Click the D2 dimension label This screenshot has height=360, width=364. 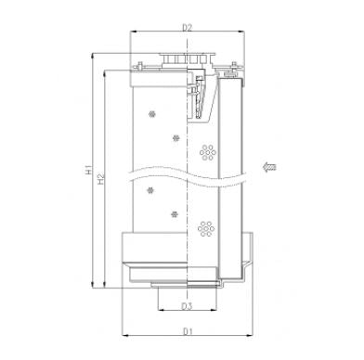(188, 28)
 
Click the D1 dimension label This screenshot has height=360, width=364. (188, 330)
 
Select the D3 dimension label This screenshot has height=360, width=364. (188, 304)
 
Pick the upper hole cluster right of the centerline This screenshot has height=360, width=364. (206, 151)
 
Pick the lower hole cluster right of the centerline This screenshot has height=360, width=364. (206, 225)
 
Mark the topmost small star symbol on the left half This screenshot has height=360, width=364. (152, 113)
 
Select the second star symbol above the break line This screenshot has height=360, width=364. (174, 137)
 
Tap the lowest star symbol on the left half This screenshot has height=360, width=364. (174, 213)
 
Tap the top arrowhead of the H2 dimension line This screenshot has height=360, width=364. (108, 71)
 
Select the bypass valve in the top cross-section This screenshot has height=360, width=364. (201, 93)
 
